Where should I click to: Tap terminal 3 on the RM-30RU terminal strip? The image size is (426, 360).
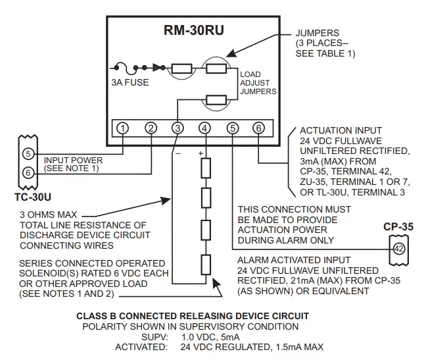pyautogui.click(x=177, y=128)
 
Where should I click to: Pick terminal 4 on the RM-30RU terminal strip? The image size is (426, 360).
pyautogui.click(x=204, y=128)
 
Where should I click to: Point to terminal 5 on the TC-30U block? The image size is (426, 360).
pyautogui.click(x=27, y=154)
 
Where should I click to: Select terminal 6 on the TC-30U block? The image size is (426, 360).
pyautogui.click(x=27, y=172)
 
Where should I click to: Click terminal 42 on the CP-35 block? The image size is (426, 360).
pyautogui.click(x=398, y=249)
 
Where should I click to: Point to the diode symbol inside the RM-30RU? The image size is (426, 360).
pyautogui.click(x=157, y=67)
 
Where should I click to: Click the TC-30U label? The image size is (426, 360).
pyautogui.click(x=32, y=196)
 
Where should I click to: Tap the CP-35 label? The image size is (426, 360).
pyautogui.click(x=398, y=227)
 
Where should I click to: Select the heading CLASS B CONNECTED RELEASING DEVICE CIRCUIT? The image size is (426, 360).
pyautogui.click(x=193, y=316)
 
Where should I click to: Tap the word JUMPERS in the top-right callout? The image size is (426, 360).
pyautogui.click(x=318, y=33)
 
